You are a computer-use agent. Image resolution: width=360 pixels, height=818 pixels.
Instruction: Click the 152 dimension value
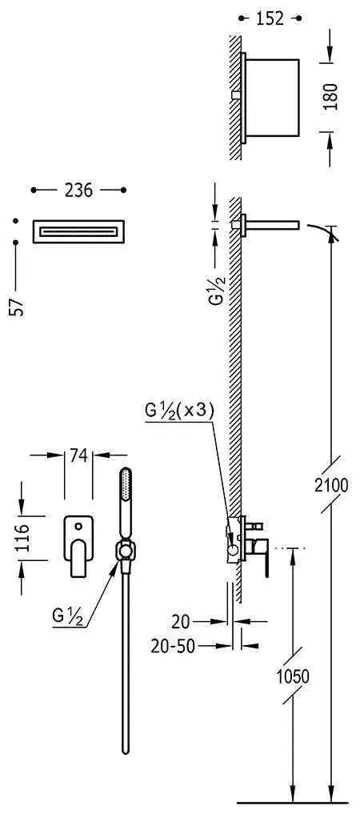coord(270,18)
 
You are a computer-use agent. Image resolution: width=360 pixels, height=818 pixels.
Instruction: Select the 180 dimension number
coord(330,97)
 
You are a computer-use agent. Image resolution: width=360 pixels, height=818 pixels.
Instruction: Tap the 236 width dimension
coord(78,190)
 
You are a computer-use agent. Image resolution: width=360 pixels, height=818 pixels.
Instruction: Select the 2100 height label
coord(330,485)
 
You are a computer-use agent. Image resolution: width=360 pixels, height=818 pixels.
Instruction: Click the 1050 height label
coord(293,676)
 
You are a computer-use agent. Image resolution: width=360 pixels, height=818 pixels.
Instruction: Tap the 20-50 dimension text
coord(173,647)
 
